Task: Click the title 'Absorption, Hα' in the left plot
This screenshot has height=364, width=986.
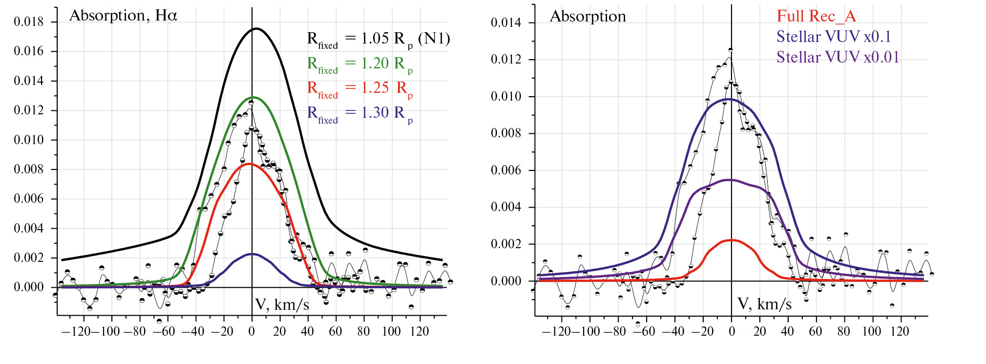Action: (123, 16)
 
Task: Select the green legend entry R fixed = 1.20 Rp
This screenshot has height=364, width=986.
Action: (360, 64)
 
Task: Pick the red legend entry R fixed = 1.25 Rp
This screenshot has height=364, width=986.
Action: (360, 89)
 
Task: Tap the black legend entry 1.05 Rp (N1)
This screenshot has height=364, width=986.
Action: (378, 39)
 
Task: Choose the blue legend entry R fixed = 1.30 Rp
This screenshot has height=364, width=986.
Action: (360, 114)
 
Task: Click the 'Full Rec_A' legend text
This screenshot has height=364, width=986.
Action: (816, 16)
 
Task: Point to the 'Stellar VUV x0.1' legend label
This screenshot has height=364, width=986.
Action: (834, 37)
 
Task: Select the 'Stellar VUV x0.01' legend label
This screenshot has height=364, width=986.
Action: (838, 57)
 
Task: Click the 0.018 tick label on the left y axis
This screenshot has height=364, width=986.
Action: (28, 22)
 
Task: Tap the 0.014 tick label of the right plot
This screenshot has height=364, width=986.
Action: (505, 22)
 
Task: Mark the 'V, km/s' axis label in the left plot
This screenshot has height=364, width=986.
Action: (282, 305)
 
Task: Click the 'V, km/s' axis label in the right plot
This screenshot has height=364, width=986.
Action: (764, 304)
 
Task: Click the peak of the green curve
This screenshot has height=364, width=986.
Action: (253, 97)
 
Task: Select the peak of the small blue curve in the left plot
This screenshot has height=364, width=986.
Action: (251, 254)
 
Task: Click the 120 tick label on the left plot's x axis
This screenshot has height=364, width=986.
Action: (419, 332)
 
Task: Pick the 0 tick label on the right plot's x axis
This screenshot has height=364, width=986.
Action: (732, 332)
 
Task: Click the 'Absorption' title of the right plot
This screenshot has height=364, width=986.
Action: (587, 17)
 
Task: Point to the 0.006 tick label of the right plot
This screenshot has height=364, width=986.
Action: (505, 171)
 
